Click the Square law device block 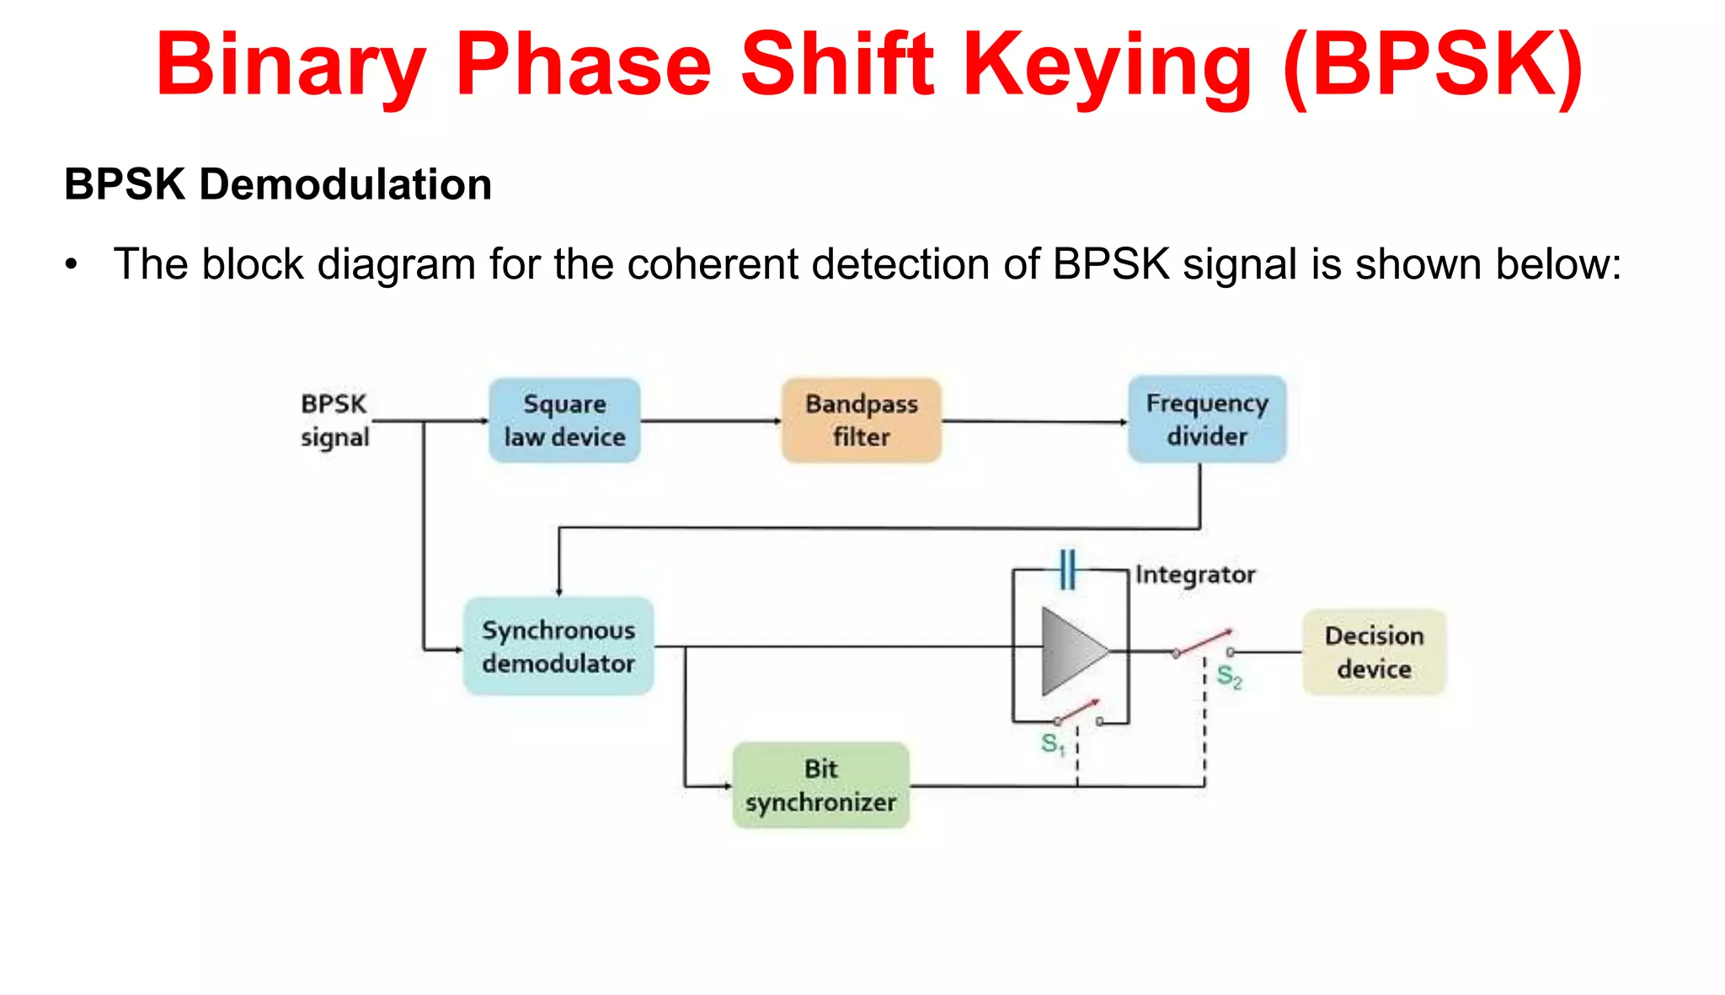564,420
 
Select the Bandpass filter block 861,420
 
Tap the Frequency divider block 1207,419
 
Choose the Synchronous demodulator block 558,646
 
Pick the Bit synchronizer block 821,785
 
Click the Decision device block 1374,652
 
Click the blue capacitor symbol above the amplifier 1067,569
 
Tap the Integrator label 1195,574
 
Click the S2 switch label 1229,677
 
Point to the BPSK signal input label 334,420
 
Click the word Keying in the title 1108,66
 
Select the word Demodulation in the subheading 345,184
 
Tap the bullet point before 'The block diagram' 72,265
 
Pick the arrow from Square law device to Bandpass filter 711,421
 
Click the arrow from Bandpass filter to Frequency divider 1034,421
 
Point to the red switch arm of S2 1204,641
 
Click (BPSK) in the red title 1433,66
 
